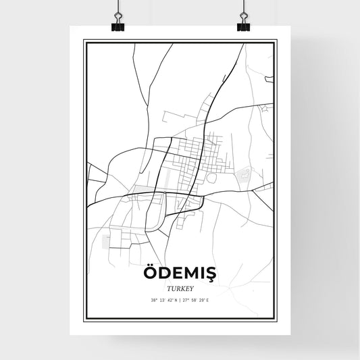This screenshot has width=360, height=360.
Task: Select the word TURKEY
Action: (x=180, y=288)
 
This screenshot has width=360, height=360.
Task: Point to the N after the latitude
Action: (x=176, y=300)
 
